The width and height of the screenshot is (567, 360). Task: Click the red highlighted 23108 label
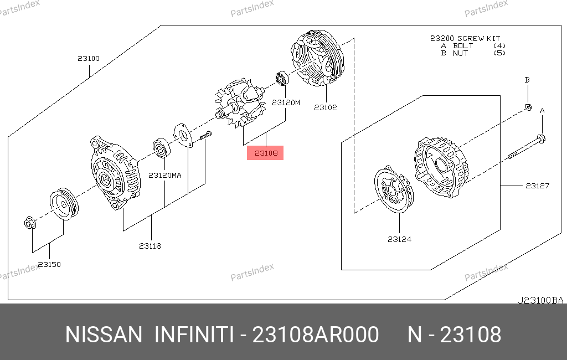coord(265,153)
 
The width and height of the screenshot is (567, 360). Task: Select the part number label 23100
coord(89,58)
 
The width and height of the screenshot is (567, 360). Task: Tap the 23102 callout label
coord(326,107)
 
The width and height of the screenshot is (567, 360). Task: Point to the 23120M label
coord(286,102)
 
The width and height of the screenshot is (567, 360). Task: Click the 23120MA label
coord(165,175)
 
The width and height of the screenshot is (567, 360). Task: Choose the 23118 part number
coord(150,246)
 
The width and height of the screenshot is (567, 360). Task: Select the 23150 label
coord(49,264)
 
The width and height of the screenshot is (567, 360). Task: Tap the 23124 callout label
coord(400,239)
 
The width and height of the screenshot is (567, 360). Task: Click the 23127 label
coord(537,186)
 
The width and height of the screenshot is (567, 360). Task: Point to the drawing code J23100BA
coord(540,300)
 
